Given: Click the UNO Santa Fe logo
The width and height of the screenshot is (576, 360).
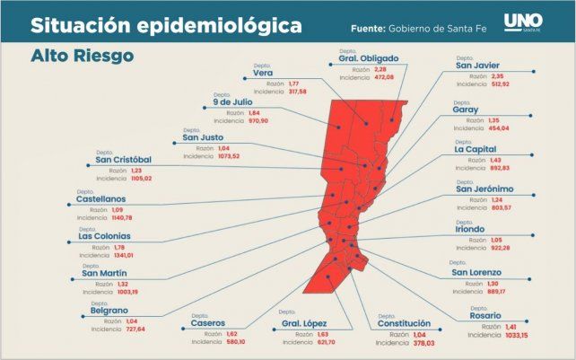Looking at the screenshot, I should (522, 22).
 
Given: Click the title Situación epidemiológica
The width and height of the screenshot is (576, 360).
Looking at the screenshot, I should (166, 26).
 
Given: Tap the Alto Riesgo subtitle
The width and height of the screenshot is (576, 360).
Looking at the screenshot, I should (82, 56).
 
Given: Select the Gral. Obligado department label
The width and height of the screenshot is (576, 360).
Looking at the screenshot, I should (368, 58).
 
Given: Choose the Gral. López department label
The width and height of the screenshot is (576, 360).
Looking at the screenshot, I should (304, 323).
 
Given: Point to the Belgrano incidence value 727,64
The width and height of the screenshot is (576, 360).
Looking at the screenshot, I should (128, 329).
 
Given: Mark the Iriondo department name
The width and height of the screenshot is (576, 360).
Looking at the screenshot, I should (476, 228).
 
